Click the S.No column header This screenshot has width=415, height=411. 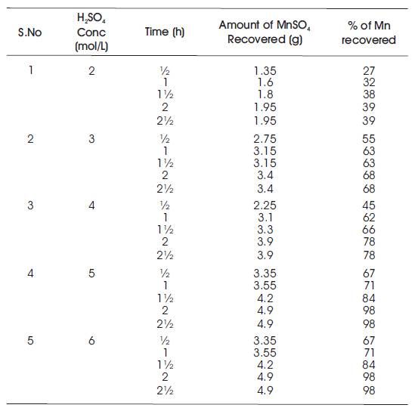(30, 32)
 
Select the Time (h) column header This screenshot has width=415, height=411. (164, 32)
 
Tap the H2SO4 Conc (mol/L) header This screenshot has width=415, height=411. (91, 32)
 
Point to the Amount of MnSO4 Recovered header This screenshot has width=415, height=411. (265, 32)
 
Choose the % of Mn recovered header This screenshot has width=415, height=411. (369, 32)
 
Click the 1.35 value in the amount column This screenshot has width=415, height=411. (265, 71)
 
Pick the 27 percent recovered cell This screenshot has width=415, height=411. (369, 71)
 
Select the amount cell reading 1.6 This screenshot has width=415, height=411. (265, 82)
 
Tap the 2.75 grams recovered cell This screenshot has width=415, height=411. (265, 139)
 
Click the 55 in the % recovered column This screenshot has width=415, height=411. (369, 139)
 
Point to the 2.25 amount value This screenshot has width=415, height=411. (265, 205)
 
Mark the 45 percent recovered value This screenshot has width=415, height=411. (369, 205)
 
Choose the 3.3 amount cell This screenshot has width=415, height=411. (265, 230)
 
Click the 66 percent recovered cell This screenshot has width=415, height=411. (369, 230)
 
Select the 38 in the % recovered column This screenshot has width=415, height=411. (369, 94)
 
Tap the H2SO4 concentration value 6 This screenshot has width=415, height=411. (91, 341)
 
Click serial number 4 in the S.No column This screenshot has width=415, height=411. (30, 273)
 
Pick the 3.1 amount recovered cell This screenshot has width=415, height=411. (265, 218)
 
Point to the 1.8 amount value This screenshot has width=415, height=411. (265, 94)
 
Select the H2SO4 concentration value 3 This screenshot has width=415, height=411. (91, 139)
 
